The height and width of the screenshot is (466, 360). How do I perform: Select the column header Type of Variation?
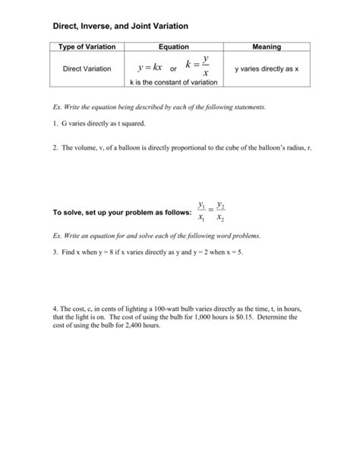pos(82,47)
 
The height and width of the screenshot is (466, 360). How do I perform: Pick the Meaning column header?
pos(267,47)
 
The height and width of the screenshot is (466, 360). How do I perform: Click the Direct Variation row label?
pos(82,69)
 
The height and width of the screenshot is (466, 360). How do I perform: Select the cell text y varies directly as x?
pos(267,69)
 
